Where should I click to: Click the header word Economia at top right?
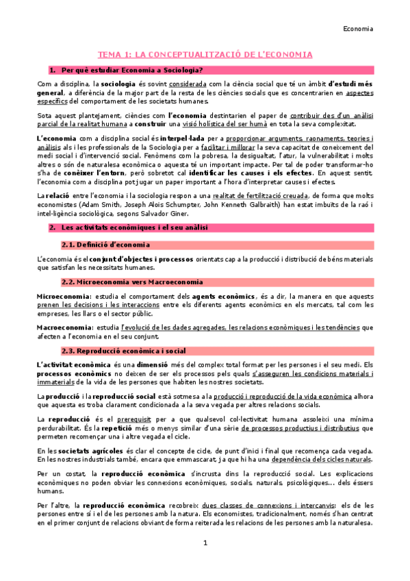tap(358, 29)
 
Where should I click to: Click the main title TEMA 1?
tap(205, 54)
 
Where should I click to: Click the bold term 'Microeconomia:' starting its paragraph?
tap(62, 295)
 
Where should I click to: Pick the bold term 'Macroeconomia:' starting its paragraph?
tap(62, 327)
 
